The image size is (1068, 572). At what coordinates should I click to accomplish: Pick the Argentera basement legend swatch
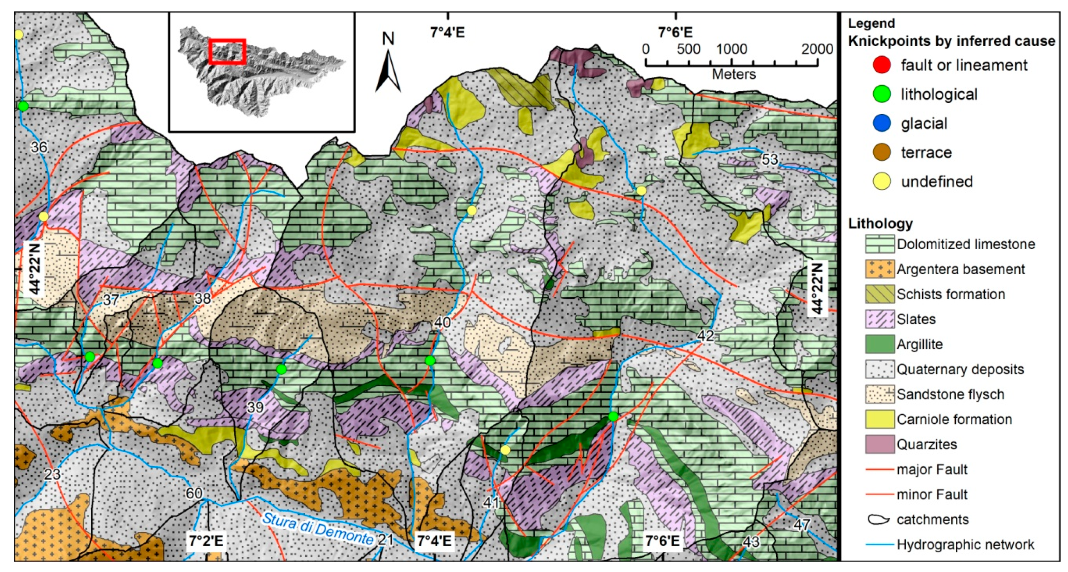click(x=879, y=269)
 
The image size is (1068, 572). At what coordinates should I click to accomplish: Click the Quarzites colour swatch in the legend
click(x=879, y=444)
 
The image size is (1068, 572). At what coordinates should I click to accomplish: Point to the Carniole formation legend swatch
click(x=879, y=419)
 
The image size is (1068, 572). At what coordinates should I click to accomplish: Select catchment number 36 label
click(x=39, y=147)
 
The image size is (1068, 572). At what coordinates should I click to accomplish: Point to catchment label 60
click(x=194, y=493)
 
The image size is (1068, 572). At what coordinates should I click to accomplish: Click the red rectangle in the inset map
click(x=227, y=52)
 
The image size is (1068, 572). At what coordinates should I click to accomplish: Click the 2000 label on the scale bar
click(x=817, y=49)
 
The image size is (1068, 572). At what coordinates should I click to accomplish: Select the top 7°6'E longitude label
click(x=676, y=32)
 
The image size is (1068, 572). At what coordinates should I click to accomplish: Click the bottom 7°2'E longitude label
click(x=206, y=541)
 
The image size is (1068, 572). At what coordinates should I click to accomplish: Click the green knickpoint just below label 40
click(x=430, y=360)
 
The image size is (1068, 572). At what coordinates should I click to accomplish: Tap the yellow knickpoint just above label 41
click(x=505, y=450)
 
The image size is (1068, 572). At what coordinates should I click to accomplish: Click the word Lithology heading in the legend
click(x=880, y=223)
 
